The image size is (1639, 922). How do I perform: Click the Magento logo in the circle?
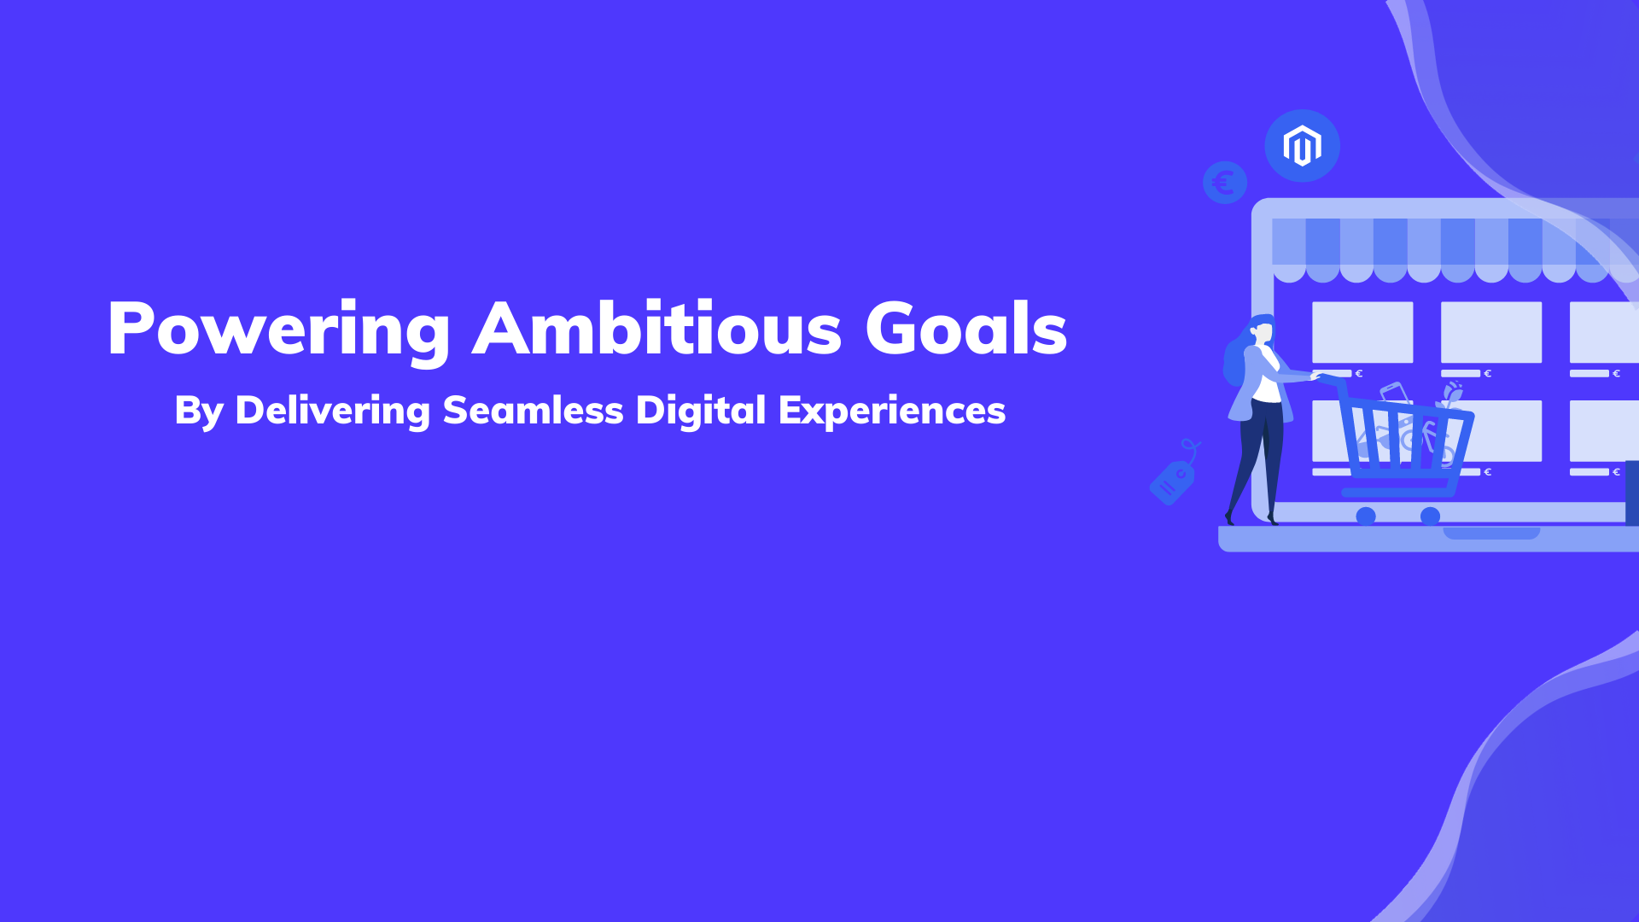click(x=1302, y=146)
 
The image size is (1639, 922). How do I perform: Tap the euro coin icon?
click(x=1225, y=183)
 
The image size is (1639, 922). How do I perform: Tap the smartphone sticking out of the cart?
click(x=1394, y=394)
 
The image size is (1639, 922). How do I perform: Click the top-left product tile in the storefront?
click(x=1362, y=332)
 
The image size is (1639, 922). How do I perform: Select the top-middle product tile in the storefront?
click(x=1491, y=332)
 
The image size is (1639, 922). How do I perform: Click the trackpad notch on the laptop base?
click(x=1491, y=534)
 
